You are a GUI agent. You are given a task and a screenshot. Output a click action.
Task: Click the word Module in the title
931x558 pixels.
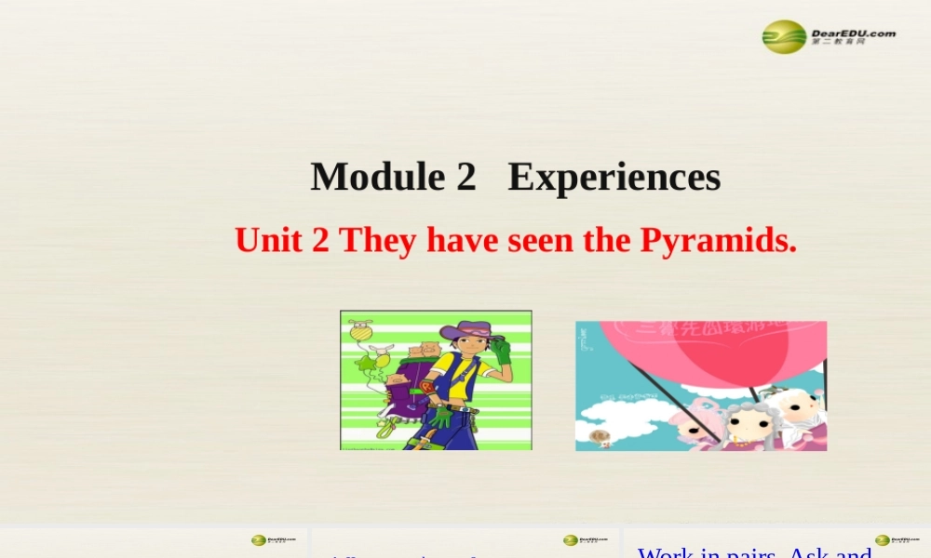coord(377,177)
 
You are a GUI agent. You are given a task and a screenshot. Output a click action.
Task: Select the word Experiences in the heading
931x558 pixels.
coord(614,177)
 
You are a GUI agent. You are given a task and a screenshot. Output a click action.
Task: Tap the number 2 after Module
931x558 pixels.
coord(465,177)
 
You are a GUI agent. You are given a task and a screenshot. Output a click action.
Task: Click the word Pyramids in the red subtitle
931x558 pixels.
coord(718,241)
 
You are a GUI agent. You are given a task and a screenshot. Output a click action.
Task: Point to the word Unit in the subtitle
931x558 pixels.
coord(267,241)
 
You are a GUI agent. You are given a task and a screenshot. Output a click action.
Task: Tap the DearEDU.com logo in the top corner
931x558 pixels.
coord(829,36)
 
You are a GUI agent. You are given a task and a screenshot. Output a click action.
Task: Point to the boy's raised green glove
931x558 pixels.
coord(502,352)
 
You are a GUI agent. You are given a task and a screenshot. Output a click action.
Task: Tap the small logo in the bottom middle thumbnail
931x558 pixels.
coord(585,540)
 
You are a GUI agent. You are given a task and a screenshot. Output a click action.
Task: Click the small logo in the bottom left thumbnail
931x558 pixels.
coord(273,540)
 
